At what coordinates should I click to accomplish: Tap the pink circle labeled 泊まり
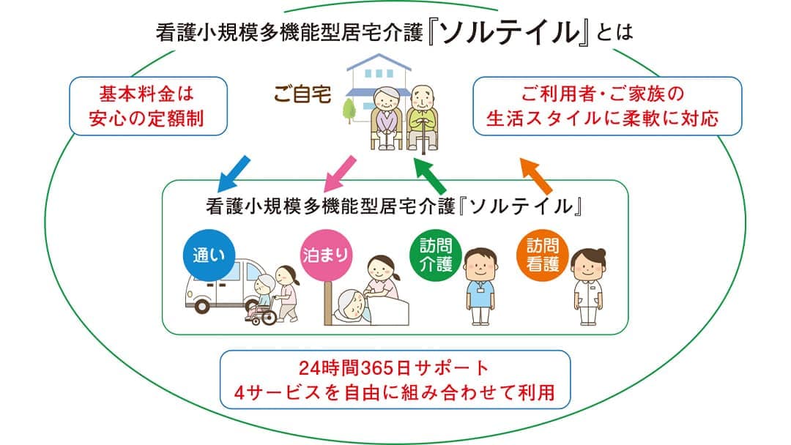click(x=324, y=255)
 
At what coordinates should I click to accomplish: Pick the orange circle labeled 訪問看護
click(x=543, y=255)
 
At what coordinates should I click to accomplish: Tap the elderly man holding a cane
click(x=423, y=117)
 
